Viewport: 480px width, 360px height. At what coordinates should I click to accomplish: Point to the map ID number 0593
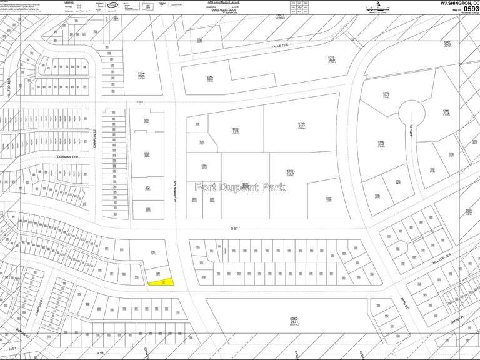tap(467, 10)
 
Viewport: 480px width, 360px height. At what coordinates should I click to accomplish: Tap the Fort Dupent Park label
tap(240, 187)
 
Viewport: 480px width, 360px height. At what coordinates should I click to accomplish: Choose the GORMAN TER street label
tap(66, 156)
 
